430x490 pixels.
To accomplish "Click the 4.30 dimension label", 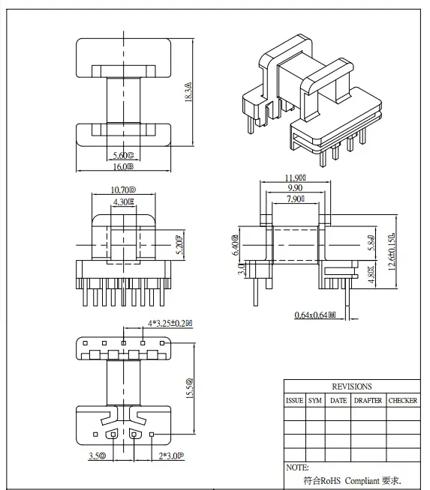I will [x=123, y=202].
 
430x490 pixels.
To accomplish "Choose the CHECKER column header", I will [x=403, y=401].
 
